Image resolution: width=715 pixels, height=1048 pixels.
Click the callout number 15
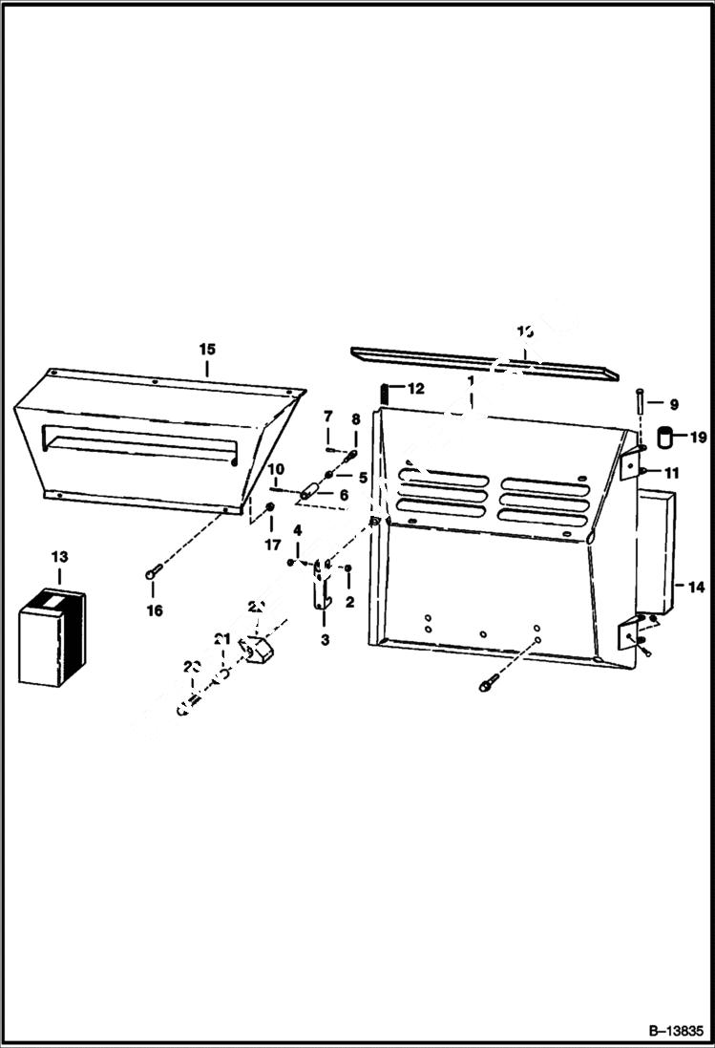(x=207, y=349)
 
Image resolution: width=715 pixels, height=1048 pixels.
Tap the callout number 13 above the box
(x=59, y=556)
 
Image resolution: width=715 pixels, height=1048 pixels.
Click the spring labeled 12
(x=383, y=393)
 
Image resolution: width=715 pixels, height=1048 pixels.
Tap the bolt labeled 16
(x=154, y=573)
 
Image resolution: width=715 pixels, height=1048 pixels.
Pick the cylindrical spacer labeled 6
(x=309, y=493)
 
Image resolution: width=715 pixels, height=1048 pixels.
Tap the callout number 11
(x=673, y=473)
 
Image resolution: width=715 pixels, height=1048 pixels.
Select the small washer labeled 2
(x=348, y=570)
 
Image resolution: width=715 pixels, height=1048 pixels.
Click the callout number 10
(x=276, y=468)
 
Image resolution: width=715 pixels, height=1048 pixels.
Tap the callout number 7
(x=326, y=417)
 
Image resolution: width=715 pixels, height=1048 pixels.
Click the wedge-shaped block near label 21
(x=258, y=652)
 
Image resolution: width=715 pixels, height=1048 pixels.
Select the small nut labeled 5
(x=329, y=476)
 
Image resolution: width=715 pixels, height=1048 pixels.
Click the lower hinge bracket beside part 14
(x=631, y=634)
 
